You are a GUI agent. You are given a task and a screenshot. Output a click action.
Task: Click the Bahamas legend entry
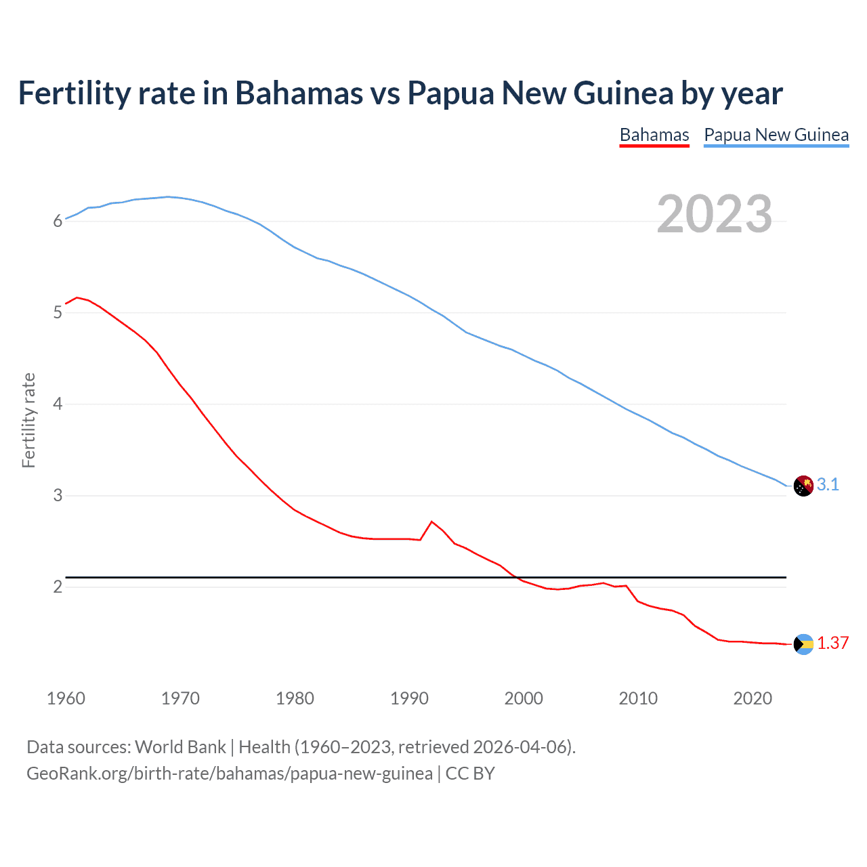point(654,135)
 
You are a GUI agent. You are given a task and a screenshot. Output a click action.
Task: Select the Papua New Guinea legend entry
point(776,135)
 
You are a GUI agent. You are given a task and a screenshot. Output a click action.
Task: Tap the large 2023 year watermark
point(715,214)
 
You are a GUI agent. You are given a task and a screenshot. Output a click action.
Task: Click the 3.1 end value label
point(828,484)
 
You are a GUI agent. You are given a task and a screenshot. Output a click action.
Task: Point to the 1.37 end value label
point(832,643)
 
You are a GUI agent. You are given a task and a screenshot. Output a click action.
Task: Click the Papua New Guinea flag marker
point(803,486)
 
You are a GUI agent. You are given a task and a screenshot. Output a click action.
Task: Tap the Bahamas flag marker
point(803,644)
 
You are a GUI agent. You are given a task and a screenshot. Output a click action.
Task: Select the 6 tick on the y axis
point(58,221)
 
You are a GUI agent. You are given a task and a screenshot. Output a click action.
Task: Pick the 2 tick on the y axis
point(58,587)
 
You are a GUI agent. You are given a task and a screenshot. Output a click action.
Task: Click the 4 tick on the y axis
point(58,404)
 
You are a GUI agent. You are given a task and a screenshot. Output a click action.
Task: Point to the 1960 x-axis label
point(66,698)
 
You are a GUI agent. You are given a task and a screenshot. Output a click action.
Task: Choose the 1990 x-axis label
point(409,698)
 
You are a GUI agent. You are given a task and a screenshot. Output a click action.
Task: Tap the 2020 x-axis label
point(753,698)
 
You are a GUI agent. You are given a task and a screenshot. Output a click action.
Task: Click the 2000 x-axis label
point(524,698)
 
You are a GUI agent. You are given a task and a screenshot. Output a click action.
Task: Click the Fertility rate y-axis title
point(28,420)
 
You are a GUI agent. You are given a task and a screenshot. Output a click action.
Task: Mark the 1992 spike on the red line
point(432,522)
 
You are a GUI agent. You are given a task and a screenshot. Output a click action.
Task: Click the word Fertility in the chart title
point(73,93)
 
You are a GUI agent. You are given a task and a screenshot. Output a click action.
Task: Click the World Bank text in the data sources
point(180,747)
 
